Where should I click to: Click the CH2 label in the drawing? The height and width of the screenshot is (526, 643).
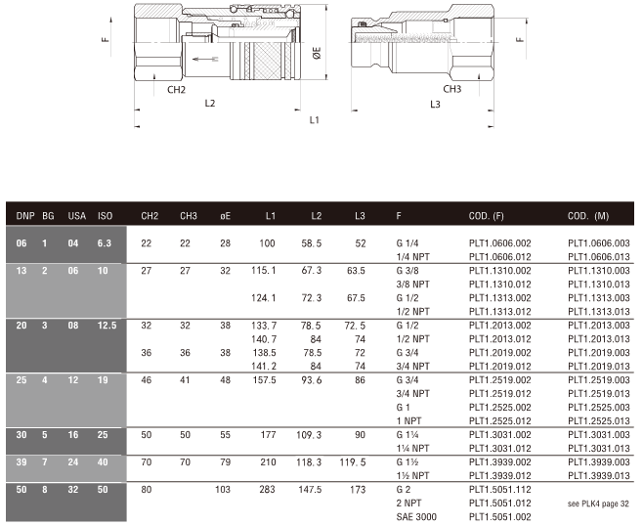tap(176, 89)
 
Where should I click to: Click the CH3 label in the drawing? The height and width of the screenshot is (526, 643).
tap(451, 89)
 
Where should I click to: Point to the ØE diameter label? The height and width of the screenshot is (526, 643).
tap(317, 53)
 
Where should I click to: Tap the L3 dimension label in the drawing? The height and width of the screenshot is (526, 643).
tap(435, 105)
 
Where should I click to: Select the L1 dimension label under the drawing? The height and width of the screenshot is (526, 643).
tap(314, 120)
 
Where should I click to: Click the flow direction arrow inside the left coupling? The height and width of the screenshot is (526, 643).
tap(205, 59)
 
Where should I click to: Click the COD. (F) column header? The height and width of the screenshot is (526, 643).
tap(486, 216)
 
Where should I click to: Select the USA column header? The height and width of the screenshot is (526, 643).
tap(76, 216)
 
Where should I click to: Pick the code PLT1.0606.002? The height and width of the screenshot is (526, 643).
tap(500, 243)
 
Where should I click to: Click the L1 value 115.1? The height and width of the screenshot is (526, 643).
tap(264, 271)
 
